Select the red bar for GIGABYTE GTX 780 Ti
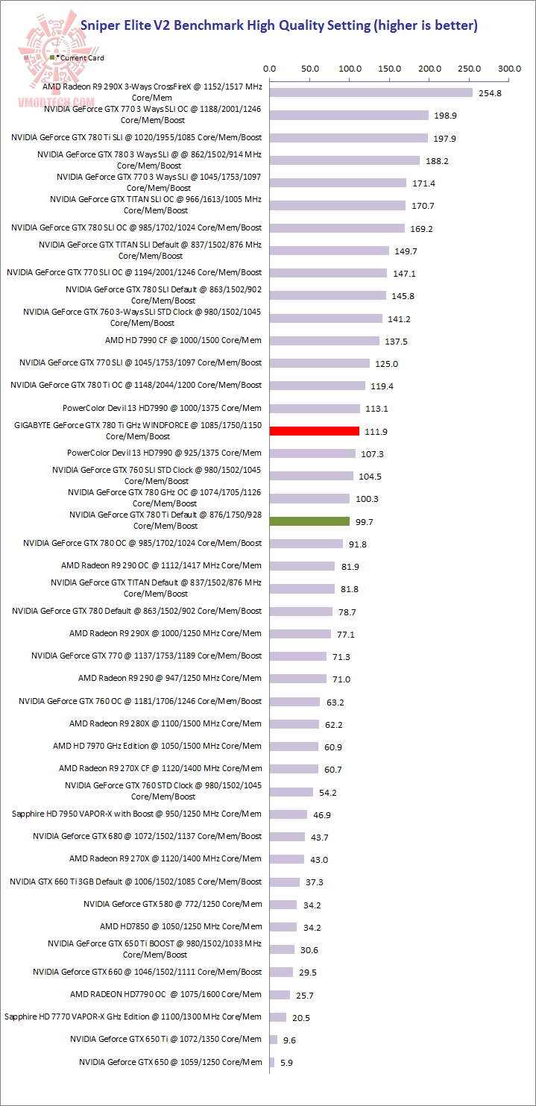pyautogui.click(x=314, y=430)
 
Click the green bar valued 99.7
pyautogui.click(x=309, y=521)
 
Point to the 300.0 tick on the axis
pyautogui.click(x=509, y=69)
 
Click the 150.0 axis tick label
pyautogui.click(x=389, y=69)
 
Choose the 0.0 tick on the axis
pyautogui.click(x=270, y=69)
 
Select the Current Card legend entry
pyautogui.click(x=78, y=57)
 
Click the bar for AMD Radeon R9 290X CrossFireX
pyautogui.click(x=371, y=92)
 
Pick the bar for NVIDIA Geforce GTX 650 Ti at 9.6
pyautogui.click(x=274, y=1039)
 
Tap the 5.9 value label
pyautogui.click(x=286, y=1062)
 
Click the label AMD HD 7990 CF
pyautogui.click(x=183, y=340)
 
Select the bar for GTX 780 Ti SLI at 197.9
pyautogui.click(x=348, y=138)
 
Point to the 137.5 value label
pyautogui.click(x=396, y=341)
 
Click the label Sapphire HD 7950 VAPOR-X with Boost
pyautogui.click(x=137, y=814)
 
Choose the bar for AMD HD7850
pyautogui.click(x=283, y=926)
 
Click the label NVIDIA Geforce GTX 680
pyautogui.click(x=147, y=836)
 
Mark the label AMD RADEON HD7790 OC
pyautogui.click(x=165, y=994)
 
